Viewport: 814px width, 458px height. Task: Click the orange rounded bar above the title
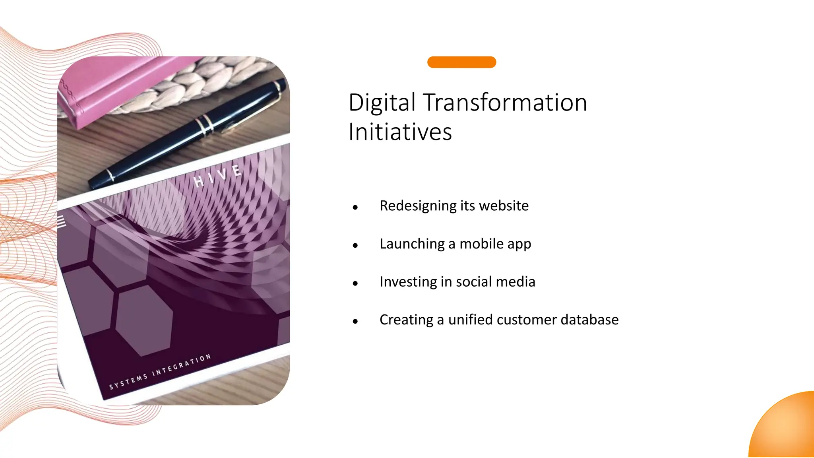[x=461, y=62]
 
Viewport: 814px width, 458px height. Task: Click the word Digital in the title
[x=382, y=103]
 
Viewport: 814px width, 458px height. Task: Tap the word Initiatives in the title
[x=400, y=132]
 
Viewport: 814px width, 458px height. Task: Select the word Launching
[x=412, y=244]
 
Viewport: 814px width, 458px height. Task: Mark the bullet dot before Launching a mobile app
[x=355, y=245]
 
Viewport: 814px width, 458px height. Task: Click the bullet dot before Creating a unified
[x=355, y=321]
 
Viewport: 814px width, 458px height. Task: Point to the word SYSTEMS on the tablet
[x=128, y=381]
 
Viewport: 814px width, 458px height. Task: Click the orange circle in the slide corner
[x=785, y=427]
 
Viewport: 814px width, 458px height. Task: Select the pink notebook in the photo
[x=115, y=87]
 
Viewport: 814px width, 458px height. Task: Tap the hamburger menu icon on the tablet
[x=61, y=221]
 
